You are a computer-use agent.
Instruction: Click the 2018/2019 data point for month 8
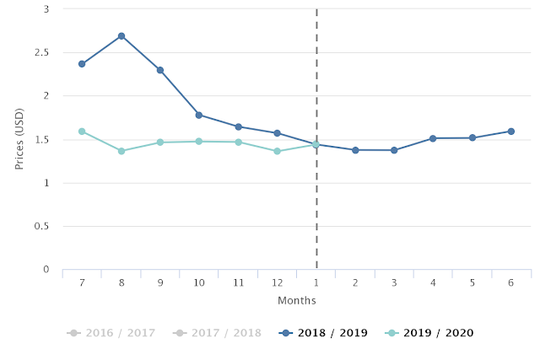pos(121,36)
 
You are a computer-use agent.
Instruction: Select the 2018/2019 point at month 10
pos(199,115)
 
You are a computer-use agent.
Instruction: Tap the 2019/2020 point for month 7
pos(82,132)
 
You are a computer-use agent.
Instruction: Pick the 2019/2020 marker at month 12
pos(277,151)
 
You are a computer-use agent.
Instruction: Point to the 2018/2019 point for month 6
pos(511,132)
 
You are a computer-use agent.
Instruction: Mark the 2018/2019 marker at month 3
pos(394,150)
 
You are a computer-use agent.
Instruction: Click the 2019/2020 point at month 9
pos(160,142)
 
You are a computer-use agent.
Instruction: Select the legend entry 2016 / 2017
pos(111,333)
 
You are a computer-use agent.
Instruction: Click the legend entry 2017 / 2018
pos(217,333)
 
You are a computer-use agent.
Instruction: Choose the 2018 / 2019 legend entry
pos(323,333)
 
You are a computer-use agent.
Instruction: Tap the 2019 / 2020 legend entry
pos(429,333)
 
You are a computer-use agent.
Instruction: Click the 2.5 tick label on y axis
pos(41,52)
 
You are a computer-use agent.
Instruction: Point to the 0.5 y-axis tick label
pos(41,226)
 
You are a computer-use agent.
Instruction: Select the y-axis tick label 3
pos(46,9)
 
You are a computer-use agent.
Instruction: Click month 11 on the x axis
pos(238,283)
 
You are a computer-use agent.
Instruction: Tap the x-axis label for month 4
pos(433,283)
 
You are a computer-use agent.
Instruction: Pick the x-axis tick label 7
pos(82,283)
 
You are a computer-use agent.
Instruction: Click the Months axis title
pos(297,300)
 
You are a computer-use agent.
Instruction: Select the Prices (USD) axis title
pos(19,139)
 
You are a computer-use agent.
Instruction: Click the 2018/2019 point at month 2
pos(355,150)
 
